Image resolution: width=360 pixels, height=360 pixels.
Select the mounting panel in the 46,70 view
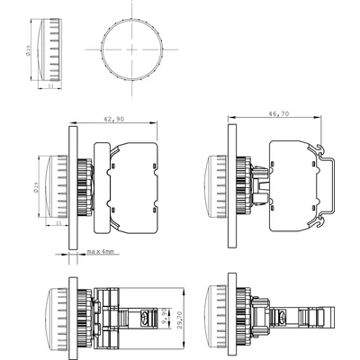click(x=230, y=185)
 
